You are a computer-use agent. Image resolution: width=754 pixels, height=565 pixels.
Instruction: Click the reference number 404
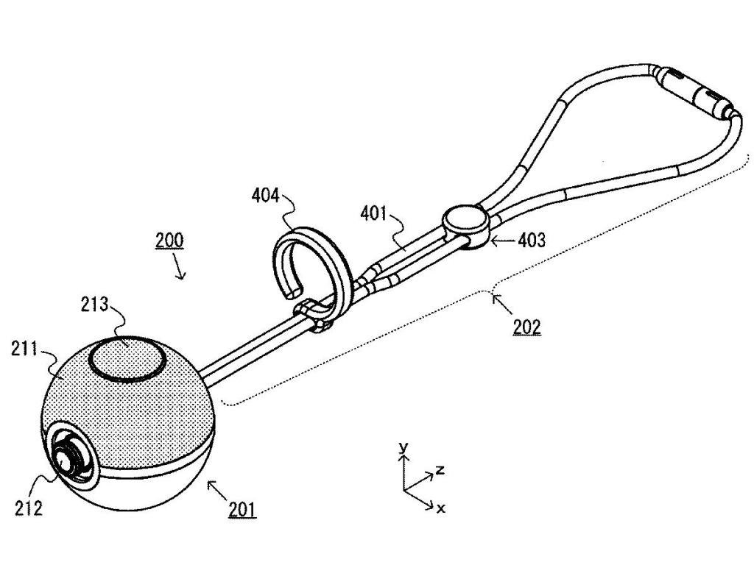(265, 195)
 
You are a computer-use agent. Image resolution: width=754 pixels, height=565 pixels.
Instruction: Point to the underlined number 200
(169, 240)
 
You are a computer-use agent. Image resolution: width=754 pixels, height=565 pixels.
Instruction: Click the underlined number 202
(526, 326)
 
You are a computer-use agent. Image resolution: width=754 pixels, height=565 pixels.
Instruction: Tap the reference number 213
(95, 305)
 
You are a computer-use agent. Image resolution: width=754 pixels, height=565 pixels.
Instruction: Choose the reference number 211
(26, 349)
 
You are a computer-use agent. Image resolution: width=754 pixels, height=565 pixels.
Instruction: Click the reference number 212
(27, 507)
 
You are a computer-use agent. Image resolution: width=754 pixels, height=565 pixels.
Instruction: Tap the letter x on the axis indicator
(440, 508)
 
